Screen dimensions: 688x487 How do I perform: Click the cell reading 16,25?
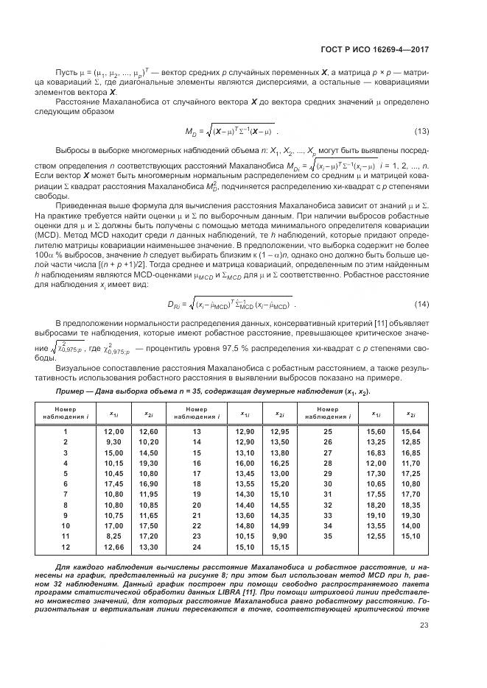279,464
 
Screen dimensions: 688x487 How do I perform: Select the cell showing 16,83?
376,453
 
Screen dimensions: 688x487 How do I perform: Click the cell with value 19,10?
376,517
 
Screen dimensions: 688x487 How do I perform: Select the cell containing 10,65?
376,485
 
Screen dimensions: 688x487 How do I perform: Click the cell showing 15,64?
410,431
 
